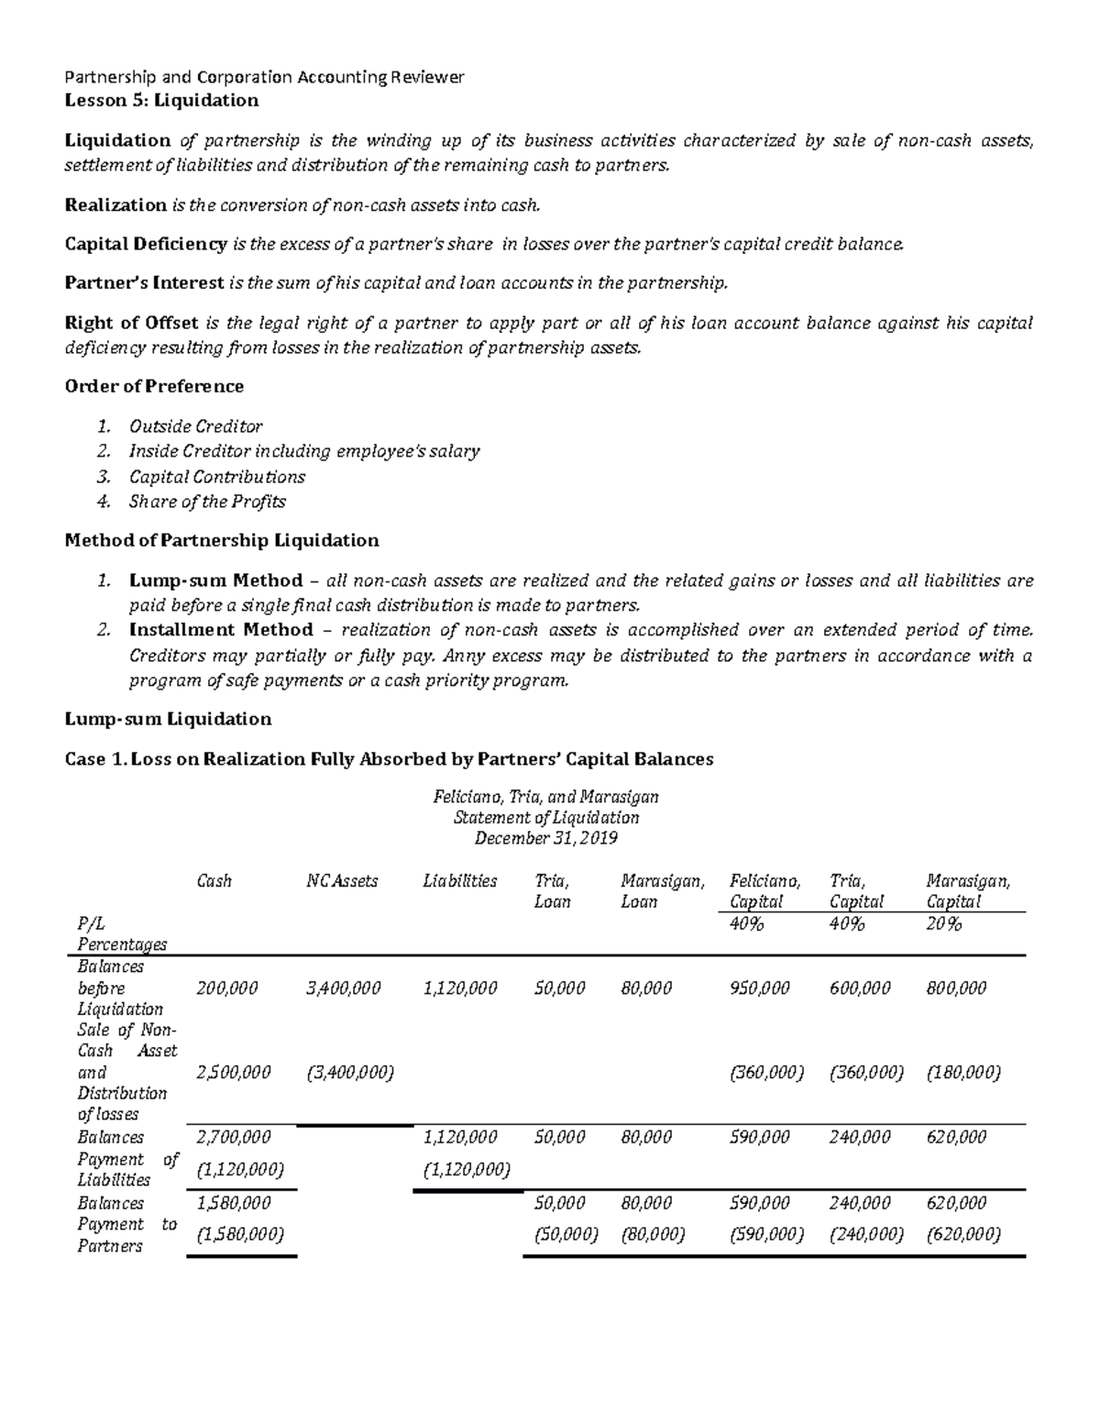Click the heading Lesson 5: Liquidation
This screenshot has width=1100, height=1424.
(x=161, y=100)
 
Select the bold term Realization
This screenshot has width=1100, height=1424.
(x=115, y=204)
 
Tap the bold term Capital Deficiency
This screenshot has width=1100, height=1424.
(x=146, y=244)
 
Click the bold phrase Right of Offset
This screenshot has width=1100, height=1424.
(x=132, y=323)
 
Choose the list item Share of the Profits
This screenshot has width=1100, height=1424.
(x=207, y=502)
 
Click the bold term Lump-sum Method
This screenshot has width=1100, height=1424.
(x=215, y=580)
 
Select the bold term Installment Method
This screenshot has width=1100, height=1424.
(x=220, y=630)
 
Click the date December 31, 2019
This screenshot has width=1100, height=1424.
(x=545, y=839)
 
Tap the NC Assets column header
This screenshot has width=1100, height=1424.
(x=342, y=881)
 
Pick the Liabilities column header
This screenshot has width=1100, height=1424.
(x=460, y=881)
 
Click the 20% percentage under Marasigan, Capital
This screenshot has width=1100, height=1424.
(x=944, y=924)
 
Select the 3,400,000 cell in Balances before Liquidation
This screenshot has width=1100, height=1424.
(x=344, y=988)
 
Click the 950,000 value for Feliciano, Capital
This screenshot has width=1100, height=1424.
(x=759, y=988)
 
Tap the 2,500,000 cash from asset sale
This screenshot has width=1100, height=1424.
(x=234, y=1072)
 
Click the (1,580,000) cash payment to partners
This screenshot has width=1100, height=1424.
(x=240, y=1235)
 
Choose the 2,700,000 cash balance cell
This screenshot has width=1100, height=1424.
(x=234, y=1137)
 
